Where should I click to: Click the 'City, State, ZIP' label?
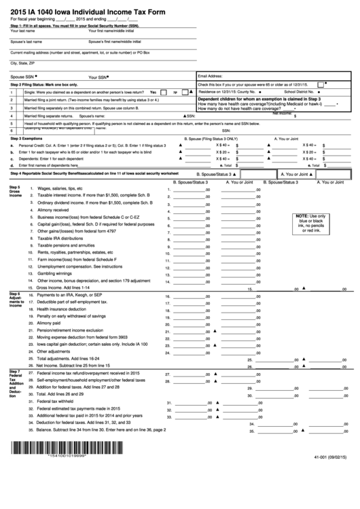tap(22, 63)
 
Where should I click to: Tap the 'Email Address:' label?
tap(210, 75)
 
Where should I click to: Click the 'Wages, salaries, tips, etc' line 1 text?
tap(60, 188)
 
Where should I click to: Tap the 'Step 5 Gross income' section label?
tap(16, 191)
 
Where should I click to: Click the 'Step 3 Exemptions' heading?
tap(26, 138)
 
